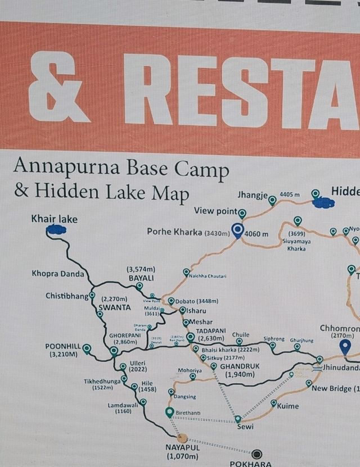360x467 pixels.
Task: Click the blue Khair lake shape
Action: coord(55,229)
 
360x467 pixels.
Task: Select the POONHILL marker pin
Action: coord(87,349)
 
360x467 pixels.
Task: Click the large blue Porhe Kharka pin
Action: coord(238,230)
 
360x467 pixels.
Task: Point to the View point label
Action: coord(215,211)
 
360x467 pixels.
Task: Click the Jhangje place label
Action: coord(253,196)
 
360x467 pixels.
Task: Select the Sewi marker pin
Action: coord(238,419)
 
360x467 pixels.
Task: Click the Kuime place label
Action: coord(288,406)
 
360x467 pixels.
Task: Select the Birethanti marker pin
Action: coord(169,413)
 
